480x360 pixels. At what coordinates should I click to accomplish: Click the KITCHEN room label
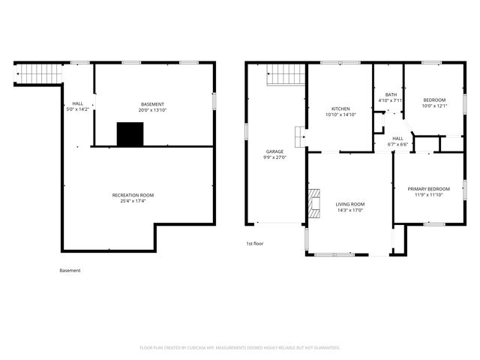[x=340, y=109]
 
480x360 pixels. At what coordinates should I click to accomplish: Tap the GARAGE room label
[x=274, y=151]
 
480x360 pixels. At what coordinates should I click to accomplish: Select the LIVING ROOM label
[x=349, y=204]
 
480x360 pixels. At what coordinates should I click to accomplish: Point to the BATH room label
[x=391, y=94]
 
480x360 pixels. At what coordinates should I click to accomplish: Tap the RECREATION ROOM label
[x=138, y=195]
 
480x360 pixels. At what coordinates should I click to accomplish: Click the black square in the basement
[x=130, y=134]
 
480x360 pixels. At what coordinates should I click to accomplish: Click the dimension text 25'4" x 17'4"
[x=138, y=201]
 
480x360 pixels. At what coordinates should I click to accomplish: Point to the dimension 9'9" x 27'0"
[x=274, y=157]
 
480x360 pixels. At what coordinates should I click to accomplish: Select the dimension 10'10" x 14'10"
[x=340, y=115]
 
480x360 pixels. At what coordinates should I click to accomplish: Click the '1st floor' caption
[x=255, y=244]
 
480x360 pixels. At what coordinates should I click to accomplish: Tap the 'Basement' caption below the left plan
[x=70, y=270]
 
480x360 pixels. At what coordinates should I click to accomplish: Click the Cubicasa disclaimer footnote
[x=240, y=347]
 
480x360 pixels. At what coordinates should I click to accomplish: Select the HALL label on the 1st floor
[x=397, y=138]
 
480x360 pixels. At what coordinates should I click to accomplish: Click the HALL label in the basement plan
[x=77, y=103]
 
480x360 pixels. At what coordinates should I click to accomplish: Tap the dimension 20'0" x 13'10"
[x=152, y=109]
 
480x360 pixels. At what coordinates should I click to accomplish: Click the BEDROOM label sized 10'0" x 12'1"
[x=433, y=100]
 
